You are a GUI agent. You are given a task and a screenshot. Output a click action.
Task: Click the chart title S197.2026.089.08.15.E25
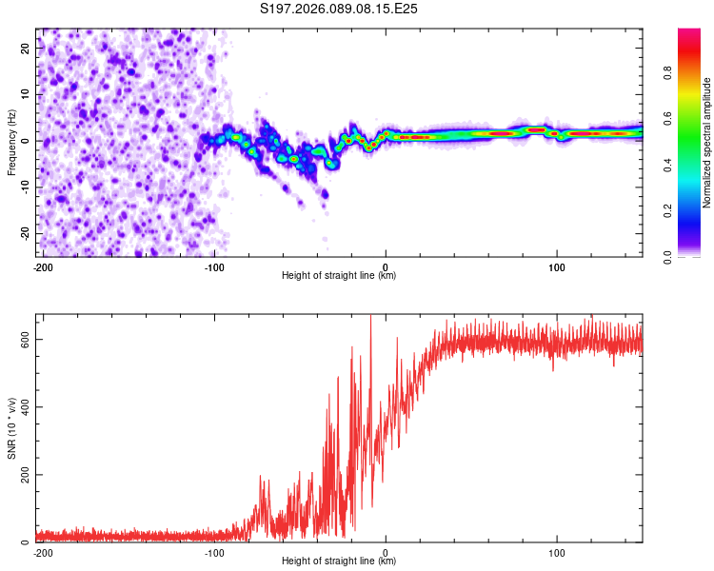340,9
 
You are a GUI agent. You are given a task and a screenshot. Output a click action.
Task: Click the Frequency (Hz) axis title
11,143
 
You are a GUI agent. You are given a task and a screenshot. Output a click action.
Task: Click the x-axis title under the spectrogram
339,276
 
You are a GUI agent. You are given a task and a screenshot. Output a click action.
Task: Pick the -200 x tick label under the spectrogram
43,266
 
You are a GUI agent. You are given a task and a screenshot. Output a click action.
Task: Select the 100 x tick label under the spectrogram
557,266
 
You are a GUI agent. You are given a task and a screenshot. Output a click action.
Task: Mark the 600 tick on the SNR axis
24,340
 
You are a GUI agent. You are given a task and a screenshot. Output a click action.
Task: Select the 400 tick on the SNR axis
24,407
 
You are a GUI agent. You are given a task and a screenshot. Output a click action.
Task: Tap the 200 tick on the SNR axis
24,475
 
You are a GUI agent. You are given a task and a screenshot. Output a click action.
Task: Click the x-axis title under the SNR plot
339,561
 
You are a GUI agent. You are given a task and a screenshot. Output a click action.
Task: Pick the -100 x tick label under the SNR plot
214,552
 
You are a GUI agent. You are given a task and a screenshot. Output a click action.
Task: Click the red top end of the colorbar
689,32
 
